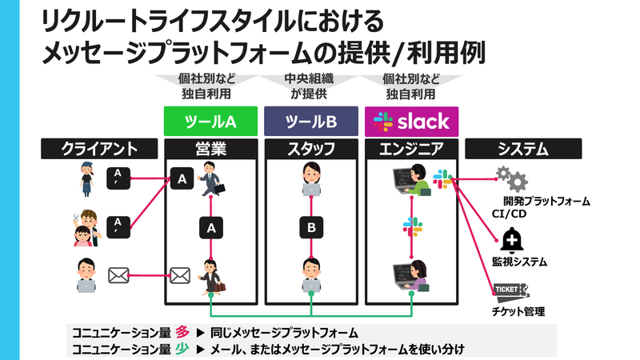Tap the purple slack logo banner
(411, 122)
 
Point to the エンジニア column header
(411, 149)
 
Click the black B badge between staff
(311, 227)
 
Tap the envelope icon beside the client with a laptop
(118, 276)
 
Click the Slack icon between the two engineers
(412, 226)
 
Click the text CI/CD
(509, 214)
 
